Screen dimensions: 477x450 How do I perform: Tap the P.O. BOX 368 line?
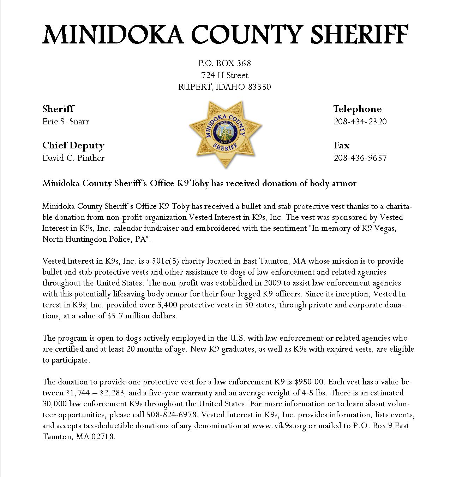(224, 63)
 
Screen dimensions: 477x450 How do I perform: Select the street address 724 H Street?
(224, 75)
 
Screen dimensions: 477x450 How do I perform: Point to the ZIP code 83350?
(259, 87)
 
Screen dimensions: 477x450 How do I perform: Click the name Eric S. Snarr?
(66, 122)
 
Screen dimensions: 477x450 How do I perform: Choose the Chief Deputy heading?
(73, 145)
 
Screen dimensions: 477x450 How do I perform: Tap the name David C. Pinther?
(73, 158)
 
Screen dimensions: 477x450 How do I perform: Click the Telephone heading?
(358, 109)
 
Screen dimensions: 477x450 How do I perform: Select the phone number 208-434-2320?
(360, 122)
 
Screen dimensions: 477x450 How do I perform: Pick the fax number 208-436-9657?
(360, 158)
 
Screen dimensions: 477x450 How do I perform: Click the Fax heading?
(341, 145)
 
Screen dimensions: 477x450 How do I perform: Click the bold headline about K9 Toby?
(199, 183)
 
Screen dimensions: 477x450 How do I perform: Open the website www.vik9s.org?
(279, 426)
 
